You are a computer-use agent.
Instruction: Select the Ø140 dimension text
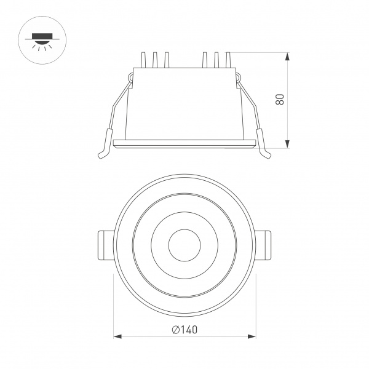(184, 330)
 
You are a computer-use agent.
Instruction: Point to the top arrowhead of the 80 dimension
(287, 56)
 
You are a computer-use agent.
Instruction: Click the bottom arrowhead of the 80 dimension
(287, 145)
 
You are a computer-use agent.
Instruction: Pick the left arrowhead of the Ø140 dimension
(119, 336)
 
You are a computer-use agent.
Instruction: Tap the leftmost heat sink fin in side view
(143, 60)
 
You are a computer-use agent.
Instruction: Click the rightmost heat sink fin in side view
(228, 60)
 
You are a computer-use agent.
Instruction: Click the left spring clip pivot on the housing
(131, 76)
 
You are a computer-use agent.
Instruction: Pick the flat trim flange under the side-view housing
(184, 144)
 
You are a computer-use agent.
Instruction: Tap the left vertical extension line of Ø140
(116, 307)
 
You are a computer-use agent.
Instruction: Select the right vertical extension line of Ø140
(255, 307)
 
